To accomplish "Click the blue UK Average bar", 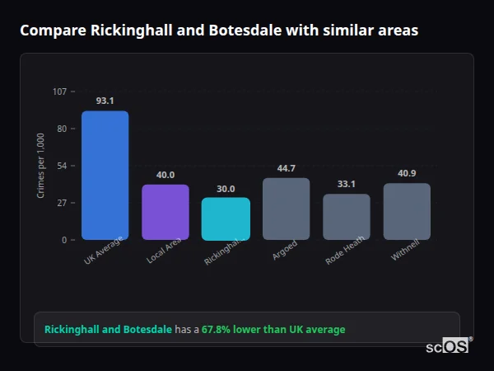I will [x=105, y=175].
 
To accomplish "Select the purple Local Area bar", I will [x=165, y=212].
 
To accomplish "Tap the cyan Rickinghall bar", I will [x=226, y=218].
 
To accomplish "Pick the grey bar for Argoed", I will [x=286, y=209].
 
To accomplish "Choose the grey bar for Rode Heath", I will [x=347, y=217].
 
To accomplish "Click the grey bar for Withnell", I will [x=407, y=211].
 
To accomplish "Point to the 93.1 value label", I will [x=105, y=101].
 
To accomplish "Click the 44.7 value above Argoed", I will [x=286, y=168].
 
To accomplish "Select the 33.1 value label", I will [x=347, y=184].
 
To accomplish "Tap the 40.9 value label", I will [x=407, y=173].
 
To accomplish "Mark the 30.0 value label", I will [x=226, y=188].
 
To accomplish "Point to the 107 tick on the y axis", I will [x=59, y=92].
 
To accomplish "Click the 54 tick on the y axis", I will [x=62, y=166].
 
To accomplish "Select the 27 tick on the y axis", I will [x=62, y=203].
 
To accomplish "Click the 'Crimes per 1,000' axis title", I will [x=41, y=165].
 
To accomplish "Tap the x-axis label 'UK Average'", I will [x=104, y=251].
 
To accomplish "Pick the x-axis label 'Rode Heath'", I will [x=345, y=251].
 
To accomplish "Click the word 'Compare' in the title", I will [x=52, y=31].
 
